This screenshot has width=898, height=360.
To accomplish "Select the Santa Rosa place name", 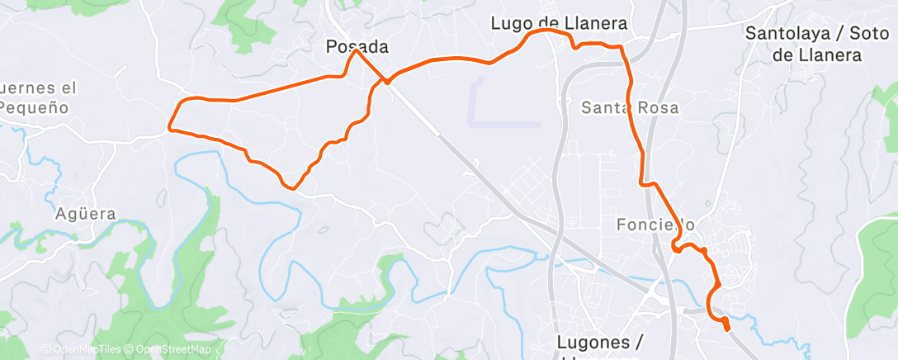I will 630,107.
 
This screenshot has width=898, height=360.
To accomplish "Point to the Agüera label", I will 86,214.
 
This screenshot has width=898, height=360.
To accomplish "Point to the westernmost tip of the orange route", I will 170,127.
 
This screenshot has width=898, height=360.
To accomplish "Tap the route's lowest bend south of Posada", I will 291,187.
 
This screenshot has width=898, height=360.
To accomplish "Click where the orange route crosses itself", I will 385,81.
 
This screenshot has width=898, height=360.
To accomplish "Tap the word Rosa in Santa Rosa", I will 657,107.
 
